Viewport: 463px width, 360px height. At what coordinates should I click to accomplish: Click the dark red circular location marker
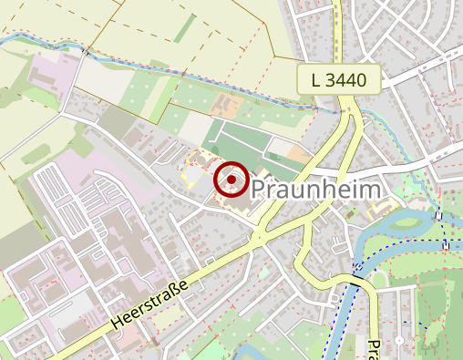click(x=232, y=180)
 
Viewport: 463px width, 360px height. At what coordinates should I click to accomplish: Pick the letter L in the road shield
click(x=315, y=80)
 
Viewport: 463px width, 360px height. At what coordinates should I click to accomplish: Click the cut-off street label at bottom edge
click(x=373, y=349)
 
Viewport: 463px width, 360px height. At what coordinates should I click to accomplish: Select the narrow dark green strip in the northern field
click(x=184, y=28)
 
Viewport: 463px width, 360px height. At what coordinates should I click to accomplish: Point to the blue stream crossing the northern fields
click(x=182, y=73)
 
